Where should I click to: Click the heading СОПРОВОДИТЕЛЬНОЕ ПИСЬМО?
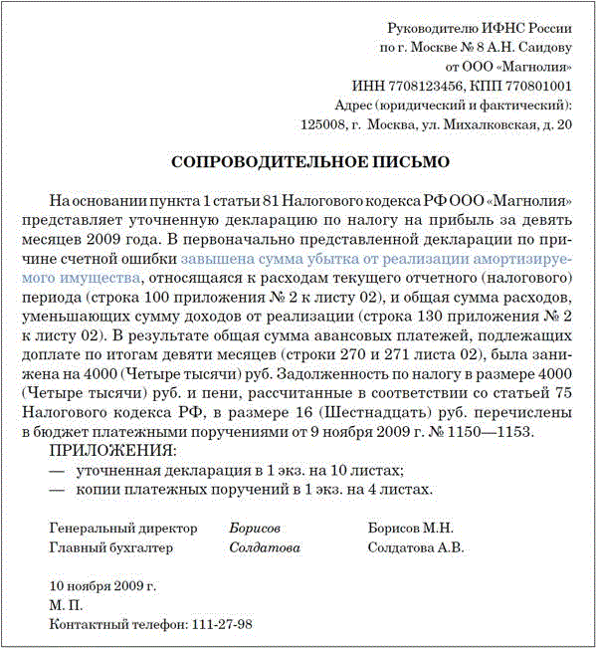(310, 160)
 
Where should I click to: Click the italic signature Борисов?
(255, 528)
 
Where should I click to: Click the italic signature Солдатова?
(265, 547)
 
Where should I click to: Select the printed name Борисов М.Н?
(410, 528)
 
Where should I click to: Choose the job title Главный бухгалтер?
(110, 547)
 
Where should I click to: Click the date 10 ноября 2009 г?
(102, 585)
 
